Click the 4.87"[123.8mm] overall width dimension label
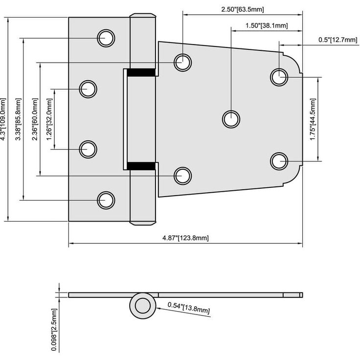tap(186, 238)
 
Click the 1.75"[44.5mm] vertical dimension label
tap(313, 119)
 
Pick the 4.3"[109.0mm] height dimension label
tap(4, 119)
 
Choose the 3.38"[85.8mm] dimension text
tap(19, 119)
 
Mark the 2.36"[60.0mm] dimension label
tap(35, 119)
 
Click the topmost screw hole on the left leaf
tap(106, 38)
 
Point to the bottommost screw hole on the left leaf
tap(106, 200)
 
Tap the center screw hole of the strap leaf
tap(231, 118)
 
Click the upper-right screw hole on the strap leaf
tap(279, 77)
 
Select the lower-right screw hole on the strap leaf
tap(279, 160)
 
